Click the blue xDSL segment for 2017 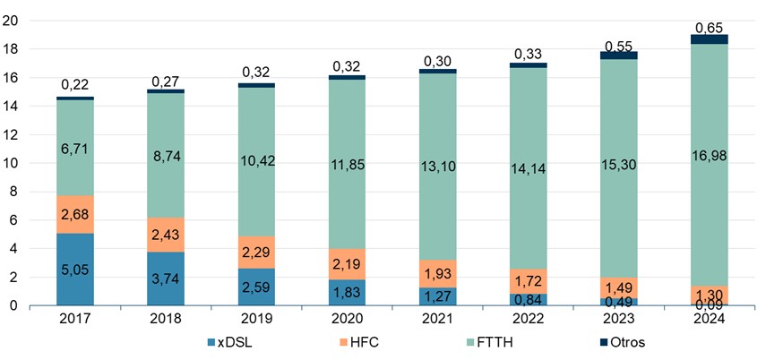click(x=75, y=269)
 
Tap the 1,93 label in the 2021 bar click(x=437, y=271)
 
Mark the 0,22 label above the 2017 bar click(x=75, y=84)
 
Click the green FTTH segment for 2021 click(x=437, y=161)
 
